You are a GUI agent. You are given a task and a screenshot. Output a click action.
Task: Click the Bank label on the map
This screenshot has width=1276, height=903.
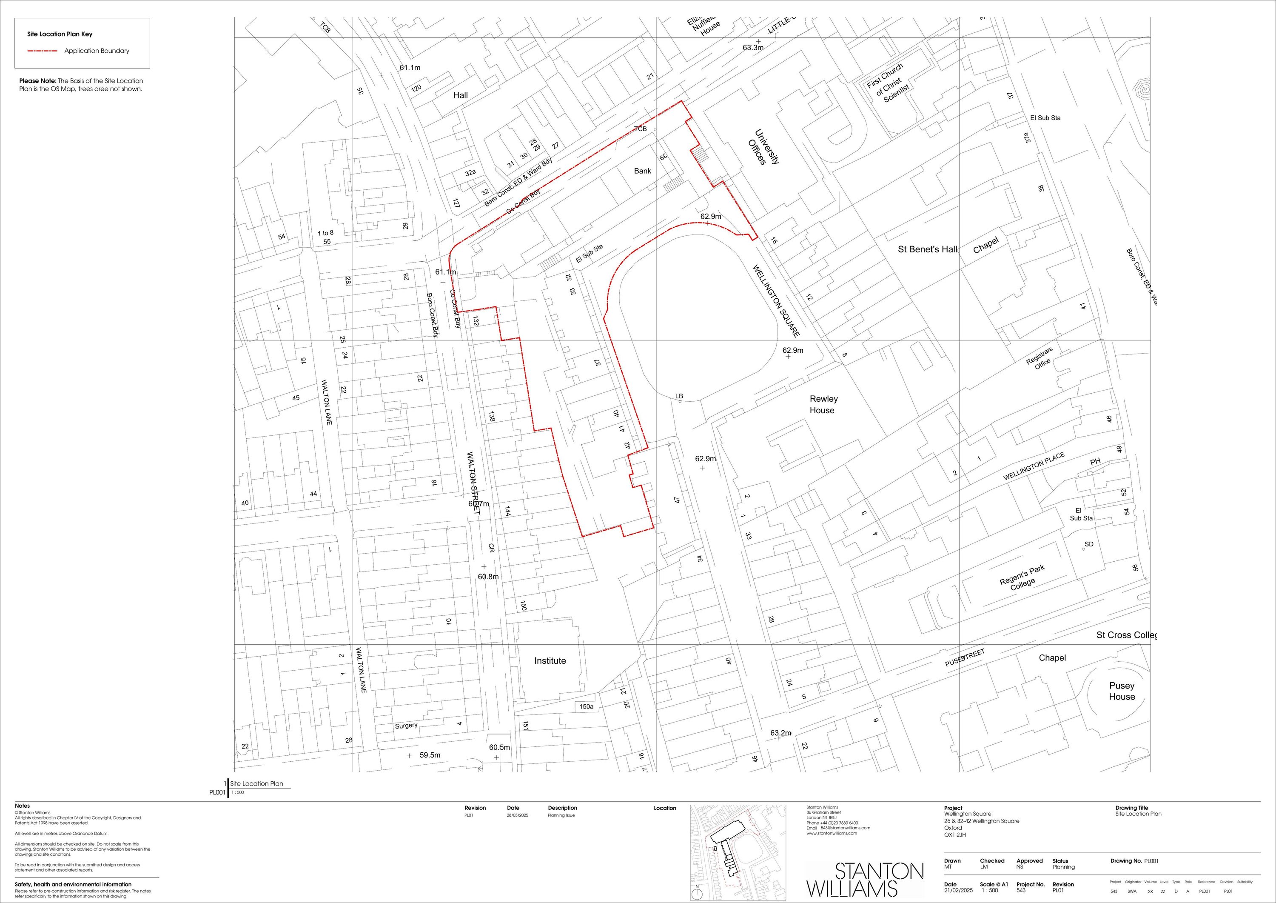[x=642, y=171]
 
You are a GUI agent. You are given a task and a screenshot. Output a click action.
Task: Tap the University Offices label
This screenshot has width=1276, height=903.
[x=763, y=147]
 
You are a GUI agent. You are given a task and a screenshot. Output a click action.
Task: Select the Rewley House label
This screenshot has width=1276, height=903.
[x=823, y=405]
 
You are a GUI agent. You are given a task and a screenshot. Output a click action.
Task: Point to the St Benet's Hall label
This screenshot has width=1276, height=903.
[x=927, y=250]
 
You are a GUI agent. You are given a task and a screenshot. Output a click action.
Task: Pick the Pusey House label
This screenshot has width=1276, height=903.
[x=1122, y=691]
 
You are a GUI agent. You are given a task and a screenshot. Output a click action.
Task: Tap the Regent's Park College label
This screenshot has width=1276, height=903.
[x=1023, y=578]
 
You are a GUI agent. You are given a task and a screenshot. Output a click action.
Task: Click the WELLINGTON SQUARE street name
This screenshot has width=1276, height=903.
[x=776, y=301]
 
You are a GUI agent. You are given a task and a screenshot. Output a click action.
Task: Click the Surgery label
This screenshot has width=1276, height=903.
[x=406, y=726]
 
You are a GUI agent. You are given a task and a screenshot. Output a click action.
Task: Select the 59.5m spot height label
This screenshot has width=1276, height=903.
[x=430, y=755]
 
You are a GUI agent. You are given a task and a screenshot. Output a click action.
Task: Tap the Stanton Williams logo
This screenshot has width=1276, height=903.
[x=865, y=879]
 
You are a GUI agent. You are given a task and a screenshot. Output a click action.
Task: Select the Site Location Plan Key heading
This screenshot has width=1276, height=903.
[x=60, y=34]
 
